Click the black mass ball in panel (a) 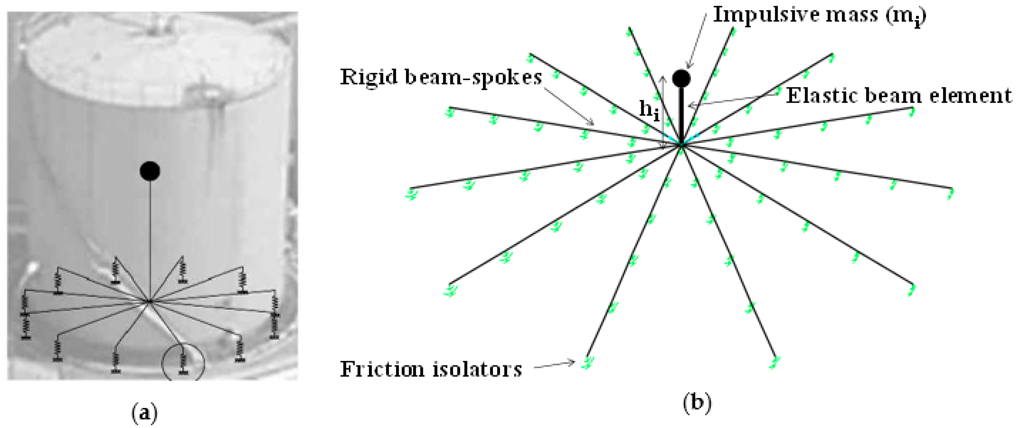[150, 171]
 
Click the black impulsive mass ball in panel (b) [681, 78]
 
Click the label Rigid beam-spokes [441, 77]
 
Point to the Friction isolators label [431, 370]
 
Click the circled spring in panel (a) [183, 361]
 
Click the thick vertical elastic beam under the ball [681, 113]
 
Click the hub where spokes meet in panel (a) [149, 302]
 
